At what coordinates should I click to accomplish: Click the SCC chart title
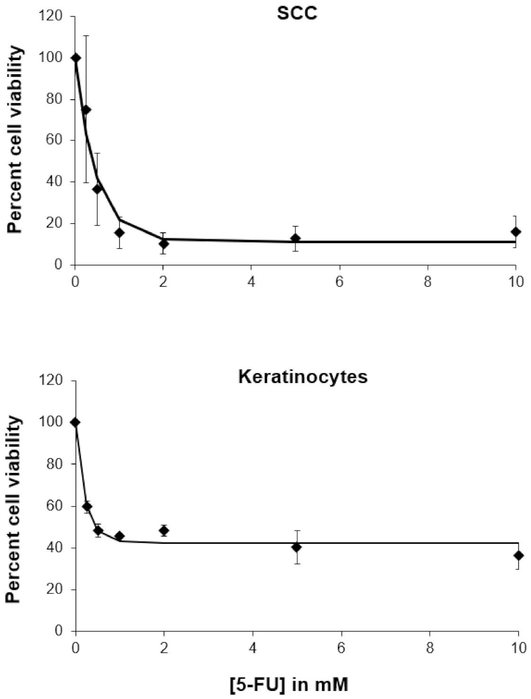pyautogui.click(x=297, y=13)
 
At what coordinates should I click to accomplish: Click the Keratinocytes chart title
pyautogui.click(x=303, y=377)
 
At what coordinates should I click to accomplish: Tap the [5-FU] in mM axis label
pyautogui.click(x=289, y=685)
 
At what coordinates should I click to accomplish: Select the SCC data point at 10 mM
pyautogui.click(x=516, y=232)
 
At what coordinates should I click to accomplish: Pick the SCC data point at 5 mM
pyautogui.click(x=295, y=238)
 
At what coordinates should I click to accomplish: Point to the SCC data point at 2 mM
pyautogui.click(x=164, y=244)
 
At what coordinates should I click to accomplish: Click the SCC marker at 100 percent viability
pyautogui.click(x=76, y=58)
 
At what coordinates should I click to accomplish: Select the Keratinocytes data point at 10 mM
pyautogui.click(x=519, y=555)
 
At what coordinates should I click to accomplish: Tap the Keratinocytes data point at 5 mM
pyautogui.click(x=297, y=547)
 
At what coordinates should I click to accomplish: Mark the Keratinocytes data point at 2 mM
pyautogui.click(x=164, y=531)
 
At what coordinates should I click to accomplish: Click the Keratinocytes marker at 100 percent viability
pyautogui.click(x=75, y=422)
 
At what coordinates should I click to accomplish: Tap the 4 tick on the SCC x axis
pyautogui.click(x=251, y=282)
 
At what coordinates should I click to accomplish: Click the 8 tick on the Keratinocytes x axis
pyautogui.click(x=429, y=647)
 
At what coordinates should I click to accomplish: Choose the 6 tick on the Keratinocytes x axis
pyautogui.click(x=341, y=647)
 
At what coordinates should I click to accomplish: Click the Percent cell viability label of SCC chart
pyautogui.click(x=15, y=140)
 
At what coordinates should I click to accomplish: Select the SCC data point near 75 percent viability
pyautogui.click(x=86, y=110)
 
